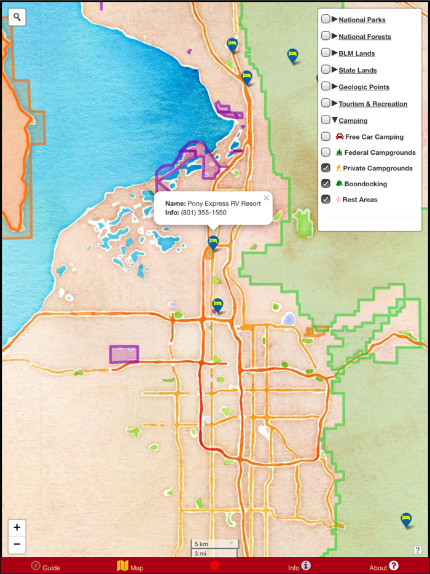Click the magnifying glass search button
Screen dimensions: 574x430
pyautogui.click(x=17, y=17)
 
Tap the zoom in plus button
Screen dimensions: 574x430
pyautogui.click(x=17, y=527)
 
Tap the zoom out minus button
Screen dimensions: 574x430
pyautogui.click(x=17, y=544)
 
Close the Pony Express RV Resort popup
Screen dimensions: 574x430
pyautogui.click(x=266, y=198)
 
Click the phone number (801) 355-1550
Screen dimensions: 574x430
pyautogui.click(x=203, y=213)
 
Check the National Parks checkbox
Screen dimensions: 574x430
pyautogui.click(x=326, y=19)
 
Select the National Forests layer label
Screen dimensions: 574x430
pyautogui.click(x=364, y=36)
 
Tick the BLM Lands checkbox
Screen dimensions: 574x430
pyautogui.click(x=326, y=53)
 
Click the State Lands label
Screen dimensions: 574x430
pyautogui.click(x=358, y=70)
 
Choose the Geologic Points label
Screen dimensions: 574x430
pyautogui.click(x=364, y=87)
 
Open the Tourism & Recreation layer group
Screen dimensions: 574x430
pyautogui.click(x=372, y=104)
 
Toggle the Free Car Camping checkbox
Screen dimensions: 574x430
pyautogui.click(x=326, y=136)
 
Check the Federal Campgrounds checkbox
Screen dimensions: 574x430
pyautogui.click(x=326, y=152)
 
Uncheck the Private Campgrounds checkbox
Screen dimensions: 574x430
pyautogui.click(x=326, y=168)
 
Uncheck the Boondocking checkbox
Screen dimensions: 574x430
pyautogui.click(x=326, y=184)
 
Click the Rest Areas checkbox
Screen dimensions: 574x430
pyautogui.click(x=326, y=199)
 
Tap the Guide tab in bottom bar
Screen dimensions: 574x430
pyautogui.click(x=46, y=567)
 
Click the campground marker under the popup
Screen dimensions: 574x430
pyautogui.click(x=213, y=242)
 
